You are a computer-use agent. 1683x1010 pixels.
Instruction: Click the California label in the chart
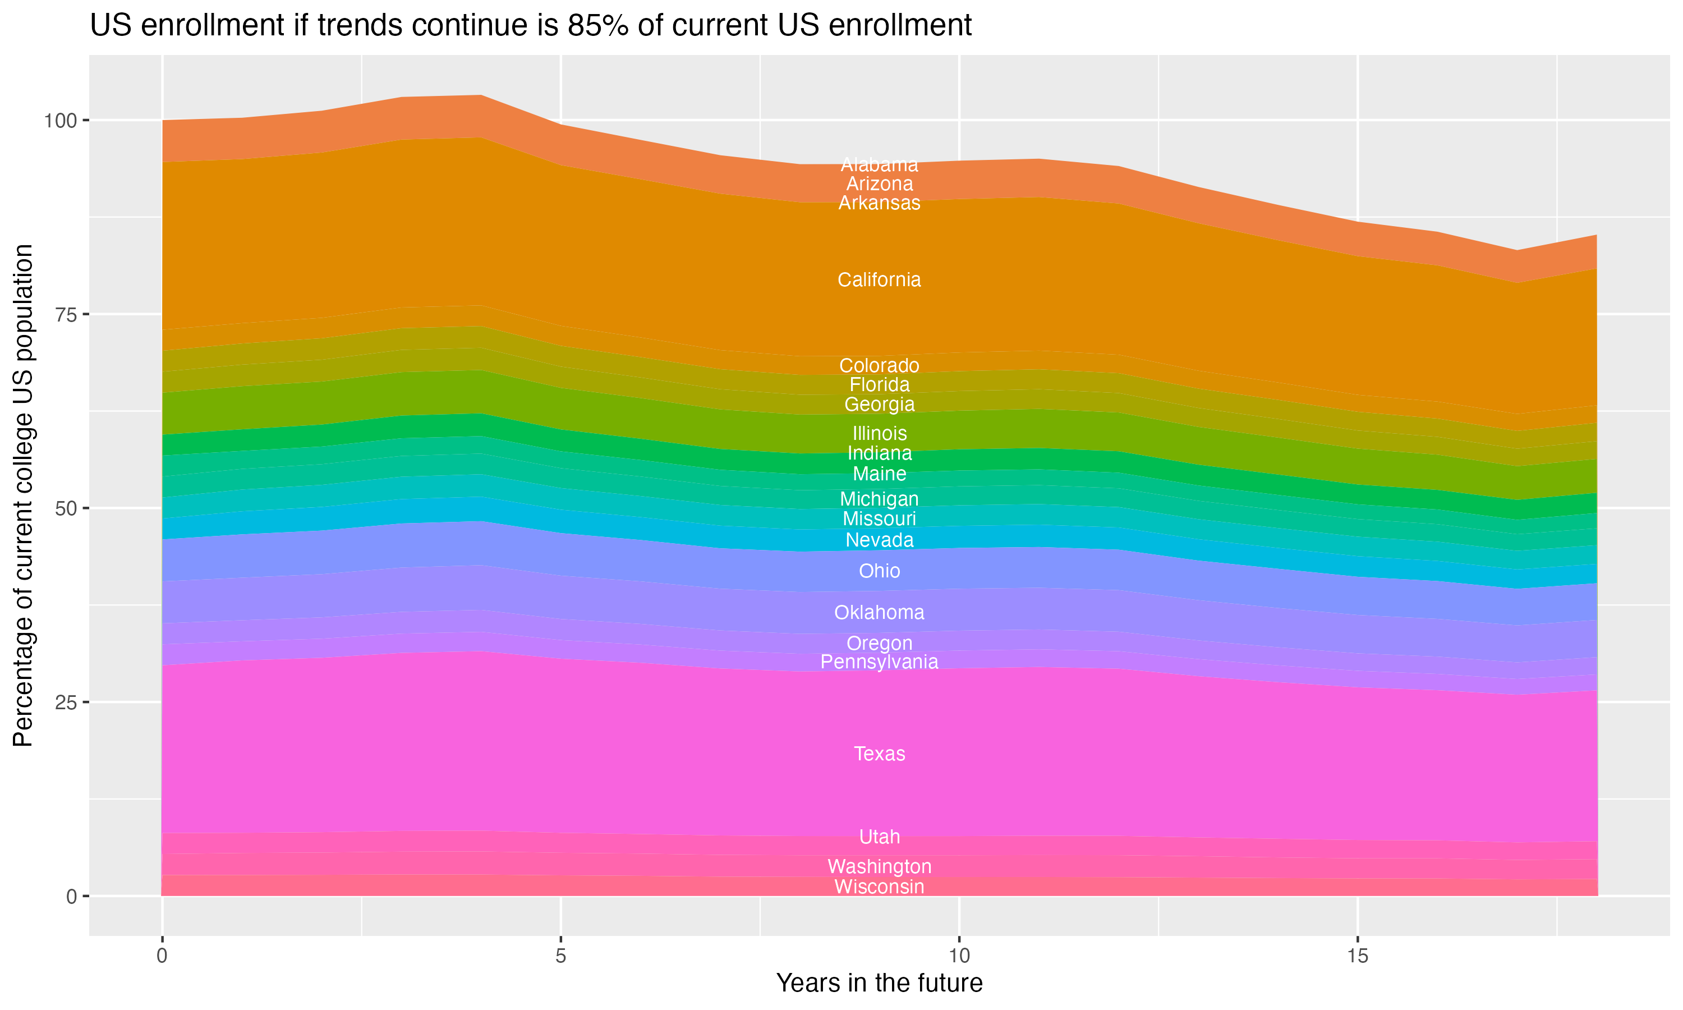click(x=879, y=280)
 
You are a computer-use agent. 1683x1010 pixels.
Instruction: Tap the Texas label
click(x=879, y=754)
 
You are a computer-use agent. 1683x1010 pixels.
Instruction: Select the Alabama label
click(x=879, y=165)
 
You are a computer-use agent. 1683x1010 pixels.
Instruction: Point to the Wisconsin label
click(x=879, y=887)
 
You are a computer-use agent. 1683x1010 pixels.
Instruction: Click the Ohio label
click(x=879, y=571)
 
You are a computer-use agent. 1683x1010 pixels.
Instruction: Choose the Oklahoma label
click(x=879, y=613)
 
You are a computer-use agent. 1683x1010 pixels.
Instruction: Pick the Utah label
click(x=879, y=837)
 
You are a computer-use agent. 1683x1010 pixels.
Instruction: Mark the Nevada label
click(x=879, y=540)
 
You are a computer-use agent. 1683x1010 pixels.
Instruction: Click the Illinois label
click(x=879, y=434)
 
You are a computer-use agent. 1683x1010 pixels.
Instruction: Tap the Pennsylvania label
click(x=879, y=662)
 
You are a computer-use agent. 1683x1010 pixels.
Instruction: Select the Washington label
click(x=879, y=867)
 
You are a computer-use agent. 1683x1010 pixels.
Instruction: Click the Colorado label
click(x=879, y=365)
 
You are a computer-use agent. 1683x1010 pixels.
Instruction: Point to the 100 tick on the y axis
click(x=58, y=121)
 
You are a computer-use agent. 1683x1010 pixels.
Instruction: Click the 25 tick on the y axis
click(x=65, y=703)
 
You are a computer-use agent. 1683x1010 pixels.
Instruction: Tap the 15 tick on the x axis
click(x=1357, y=956)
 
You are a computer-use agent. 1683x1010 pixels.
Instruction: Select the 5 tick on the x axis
click(x=560, y=956)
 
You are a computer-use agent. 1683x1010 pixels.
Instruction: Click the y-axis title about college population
click(x=23, y=495)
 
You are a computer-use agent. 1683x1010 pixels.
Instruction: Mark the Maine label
click(x=879, y=474)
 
